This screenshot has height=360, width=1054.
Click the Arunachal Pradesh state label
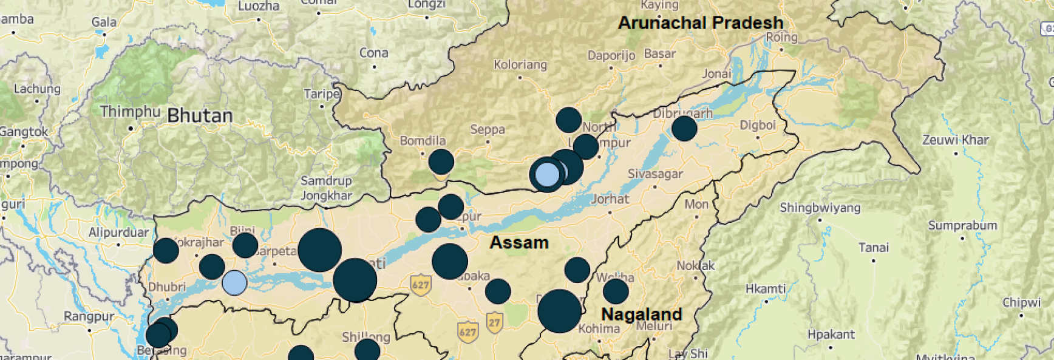point(701,23)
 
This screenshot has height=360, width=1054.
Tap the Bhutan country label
point(200,115)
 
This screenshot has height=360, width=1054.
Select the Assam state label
point(519,243)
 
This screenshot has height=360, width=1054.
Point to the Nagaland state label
point(641,314)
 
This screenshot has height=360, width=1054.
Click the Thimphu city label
point(130,112)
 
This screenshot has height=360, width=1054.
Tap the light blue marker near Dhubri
point(234,282)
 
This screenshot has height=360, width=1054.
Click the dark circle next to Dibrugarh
point(684,129)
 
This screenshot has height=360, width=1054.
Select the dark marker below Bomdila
point(441,162)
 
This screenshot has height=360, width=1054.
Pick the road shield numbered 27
point(495,322)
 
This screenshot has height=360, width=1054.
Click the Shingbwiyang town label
point(820,208)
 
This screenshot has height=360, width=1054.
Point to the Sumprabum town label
point(962,226)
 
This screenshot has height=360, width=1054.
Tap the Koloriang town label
point(520,65)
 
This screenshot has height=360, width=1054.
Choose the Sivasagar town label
point(655,174)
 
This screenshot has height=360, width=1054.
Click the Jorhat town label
point(610,199)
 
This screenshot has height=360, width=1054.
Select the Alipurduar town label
point(118,233)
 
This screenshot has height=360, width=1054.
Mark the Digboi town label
point(758,126)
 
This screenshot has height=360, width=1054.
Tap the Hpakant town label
point(831,335)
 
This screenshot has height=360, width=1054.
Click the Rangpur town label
point(89,316)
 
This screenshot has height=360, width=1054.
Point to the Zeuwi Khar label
point(956,140)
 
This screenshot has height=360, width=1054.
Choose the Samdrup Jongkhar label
point(326,188)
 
